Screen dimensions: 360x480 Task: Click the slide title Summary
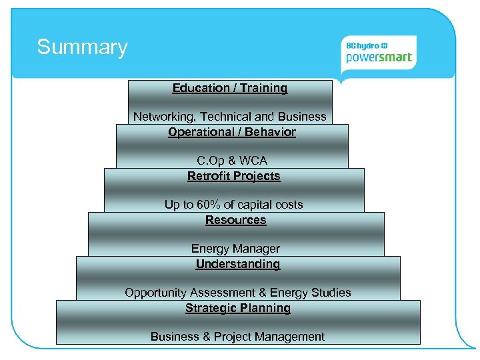pos(82,47)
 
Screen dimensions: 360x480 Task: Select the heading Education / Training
pos(230,88)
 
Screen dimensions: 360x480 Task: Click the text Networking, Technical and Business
pos(230,117)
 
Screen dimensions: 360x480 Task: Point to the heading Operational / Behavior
pos(232,132)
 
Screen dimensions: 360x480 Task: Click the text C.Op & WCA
pos(232,161)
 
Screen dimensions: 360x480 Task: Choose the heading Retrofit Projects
pos(234,176)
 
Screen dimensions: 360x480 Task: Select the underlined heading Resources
pos(236,220)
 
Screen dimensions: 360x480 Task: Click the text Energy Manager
pos(236,249)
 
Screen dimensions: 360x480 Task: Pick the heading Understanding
pos(238,264)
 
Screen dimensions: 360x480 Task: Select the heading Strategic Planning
pos(238,308)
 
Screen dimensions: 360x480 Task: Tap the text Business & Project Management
pos(238,337)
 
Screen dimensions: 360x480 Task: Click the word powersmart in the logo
pos(379,58)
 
